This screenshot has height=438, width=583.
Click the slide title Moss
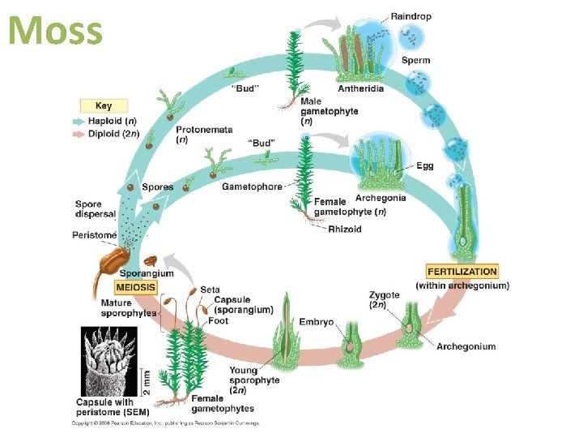(55, 30)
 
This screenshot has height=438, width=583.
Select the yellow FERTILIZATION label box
(462, 271)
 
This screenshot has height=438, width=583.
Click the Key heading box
(104, 105)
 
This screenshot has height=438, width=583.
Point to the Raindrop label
(411, 16)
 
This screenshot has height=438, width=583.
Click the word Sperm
(415, 60)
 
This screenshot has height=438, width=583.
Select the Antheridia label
(357, 88)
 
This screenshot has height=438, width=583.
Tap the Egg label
(425, 165)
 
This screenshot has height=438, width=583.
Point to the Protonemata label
(203, 131)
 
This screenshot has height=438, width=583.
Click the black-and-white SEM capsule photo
(113, 360)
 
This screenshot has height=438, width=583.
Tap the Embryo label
(316, 322)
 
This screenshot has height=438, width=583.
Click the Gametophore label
(252, 187)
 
